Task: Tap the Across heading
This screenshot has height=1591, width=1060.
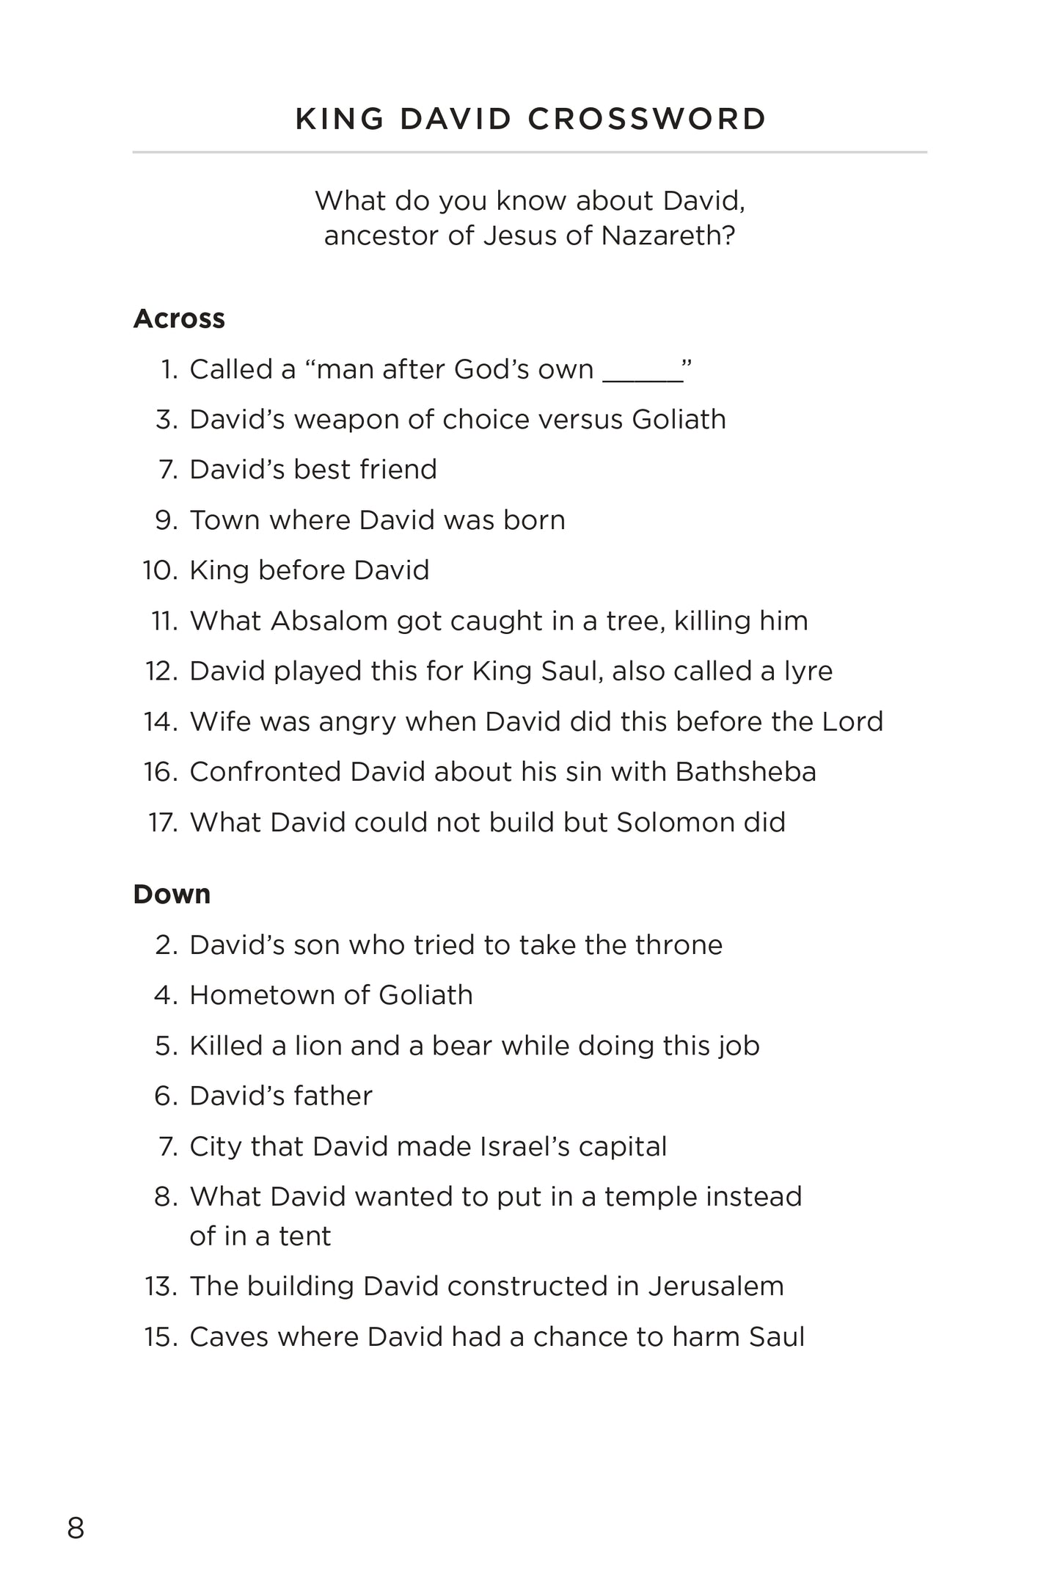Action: (x=179, y=318)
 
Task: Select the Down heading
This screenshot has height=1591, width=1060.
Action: (x=172, y=894)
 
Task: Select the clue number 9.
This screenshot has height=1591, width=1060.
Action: (x=167, y=520)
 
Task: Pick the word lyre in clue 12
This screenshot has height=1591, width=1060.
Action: (x=807, y=671)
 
